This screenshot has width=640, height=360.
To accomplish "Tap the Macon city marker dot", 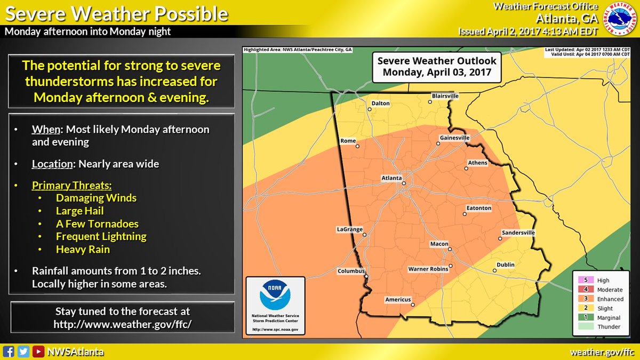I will (450, 250).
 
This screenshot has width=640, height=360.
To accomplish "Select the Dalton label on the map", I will (380, 103).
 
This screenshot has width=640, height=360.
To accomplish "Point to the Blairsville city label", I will (445, 96).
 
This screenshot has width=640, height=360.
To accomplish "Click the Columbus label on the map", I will (351, 271).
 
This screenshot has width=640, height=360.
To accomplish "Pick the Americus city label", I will (398, 300).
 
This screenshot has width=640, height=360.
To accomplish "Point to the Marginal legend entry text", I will (609, 317).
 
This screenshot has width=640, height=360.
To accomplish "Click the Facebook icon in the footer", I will (9, 351).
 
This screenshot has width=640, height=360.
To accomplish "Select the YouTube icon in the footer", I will (38, 351).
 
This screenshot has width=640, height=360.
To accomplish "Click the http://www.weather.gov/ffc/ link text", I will (122, 324).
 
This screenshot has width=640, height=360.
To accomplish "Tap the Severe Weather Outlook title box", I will (437, 67).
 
